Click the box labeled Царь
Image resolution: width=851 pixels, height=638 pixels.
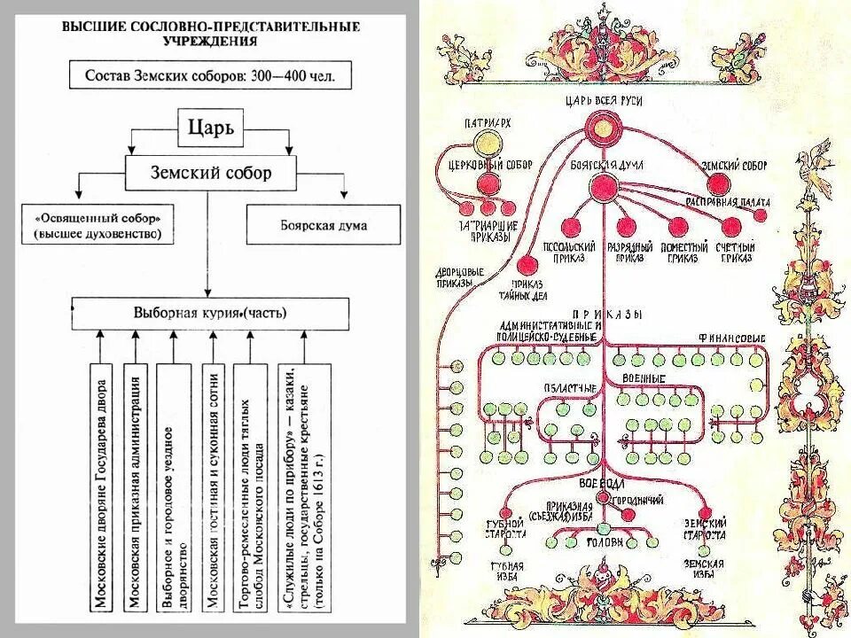210,129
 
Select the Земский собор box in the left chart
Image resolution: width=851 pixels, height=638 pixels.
210,174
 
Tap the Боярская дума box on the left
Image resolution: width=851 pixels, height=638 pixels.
306,226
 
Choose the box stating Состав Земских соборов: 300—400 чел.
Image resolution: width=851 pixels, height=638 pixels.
210,75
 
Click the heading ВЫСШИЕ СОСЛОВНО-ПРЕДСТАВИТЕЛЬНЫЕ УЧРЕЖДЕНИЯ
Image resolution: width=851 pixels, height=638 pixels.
209,34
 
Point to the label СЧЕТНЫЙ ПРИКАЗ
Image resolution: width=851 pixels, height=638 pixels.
735,252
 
